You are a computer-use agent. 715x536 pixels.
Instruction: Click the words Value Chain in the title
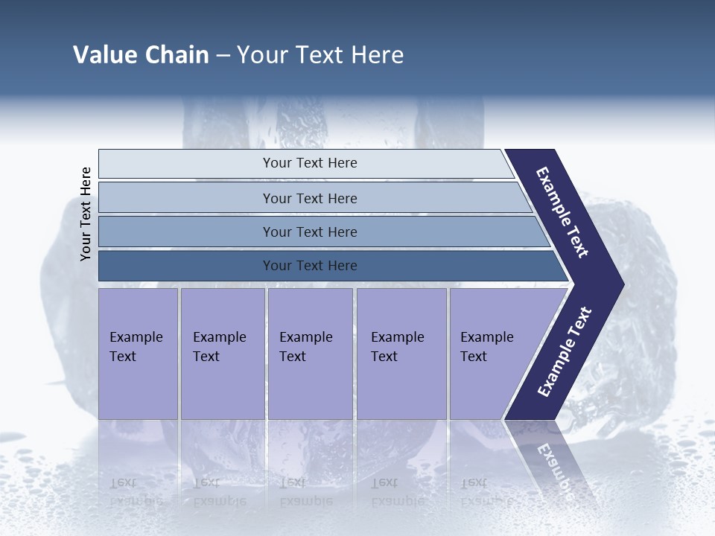click(141, 55)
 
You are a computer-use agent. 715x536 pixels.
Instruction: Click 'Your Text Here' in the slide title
click(320, 55)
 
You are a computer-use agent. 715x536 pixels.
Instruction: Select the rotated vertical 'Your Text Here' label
click(86, 214)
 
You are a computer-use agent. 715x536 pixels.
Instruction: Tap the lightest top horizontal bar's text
click(310, 163)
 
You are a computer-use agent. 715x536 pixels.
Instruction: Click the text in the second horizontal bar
click(310, 199)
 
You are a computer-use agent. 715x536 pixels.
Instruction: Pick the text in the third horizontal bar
click(310, 232)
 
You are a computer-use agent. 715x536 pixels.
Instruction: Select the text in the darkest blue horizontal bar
click(310, 266)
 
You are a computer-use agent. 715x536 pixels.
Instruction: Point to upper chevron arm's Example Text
click(563, 212)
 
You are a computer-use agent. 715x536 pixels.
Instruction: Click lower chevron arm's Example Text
click(565, 352)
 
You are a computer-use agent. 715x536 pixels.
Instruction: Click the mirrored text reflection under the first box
click(136, 491)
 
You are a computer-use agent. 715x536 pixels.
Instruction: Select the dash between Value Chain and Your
click(223, 56)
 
